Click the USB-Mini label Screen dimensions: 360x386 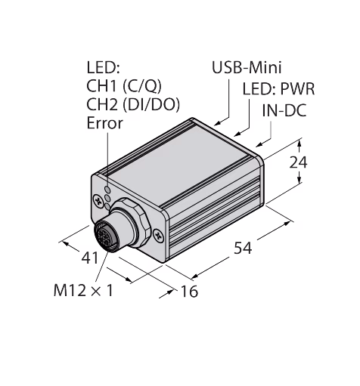point(247,67)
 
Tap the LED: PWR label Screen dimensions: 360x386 point(278,89)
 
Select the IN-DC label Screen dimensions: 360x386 point(284,110)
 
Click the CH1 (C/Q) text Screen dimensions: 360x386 point(124,86)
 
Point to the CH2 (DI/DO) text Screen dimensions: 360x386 point(133,104)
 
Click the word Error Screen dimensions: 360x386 point(104,123)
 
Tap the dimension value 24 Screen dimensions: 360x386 point(298,162)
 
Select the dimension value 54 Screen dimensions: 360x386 point(243,248)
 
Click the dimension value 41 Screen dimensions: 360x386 point(90,258)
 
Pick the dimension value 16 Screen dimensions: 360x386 point(189,292)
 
